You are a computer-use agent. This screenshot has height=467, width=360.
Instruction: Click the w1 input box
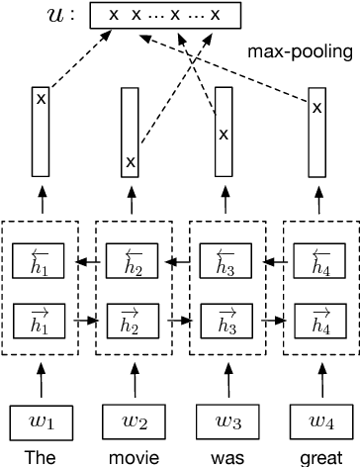pos(41,424)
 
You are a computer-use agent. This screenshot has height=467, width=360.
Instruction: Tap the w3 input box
pos(226,424)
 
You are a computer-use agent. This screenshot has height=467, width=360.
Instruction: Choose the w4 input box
pos(317,424)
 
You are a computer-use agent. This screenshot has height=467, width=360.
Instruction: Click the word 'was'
pos(226,457)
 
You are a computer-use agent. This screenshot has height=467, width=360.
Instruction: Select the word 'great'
pos(317,457)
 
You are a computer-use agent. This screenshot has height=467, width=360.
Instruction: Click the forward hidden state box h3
pos(226,321)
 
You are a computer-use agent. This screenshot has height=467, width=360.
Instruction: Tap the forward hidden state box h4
pos(317,321)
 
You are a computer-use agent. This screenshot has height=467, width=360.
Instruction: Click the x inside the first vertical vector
pos(41,98)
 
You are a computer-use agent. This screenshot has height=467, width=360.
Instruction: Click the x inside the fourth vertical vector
pos(316,108)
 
